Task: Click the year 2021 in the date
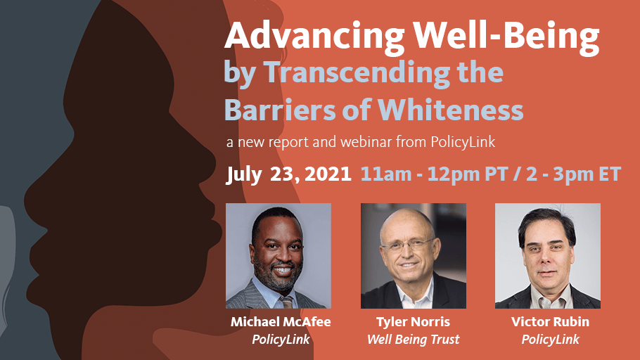(x=328, y=174)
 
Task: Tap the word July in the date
(x=244, y=176)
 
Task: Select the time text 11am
(x=385, y=174)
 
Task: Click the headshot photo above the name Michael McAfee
(x=279, y=256)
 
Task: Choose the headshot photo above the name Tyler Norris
(x=414, y=256)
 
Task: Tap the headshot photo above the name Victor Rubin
(x=548, y=256)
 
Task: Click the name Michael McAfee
(x=281, y=321)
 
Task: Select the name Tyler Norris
(x=413, y=322)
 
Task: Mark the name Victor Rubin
(x=550, y=321)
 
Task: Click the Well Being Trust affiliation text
(x=413, y=340)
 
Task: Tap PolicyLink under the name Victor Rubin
(x=550, y=339)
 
